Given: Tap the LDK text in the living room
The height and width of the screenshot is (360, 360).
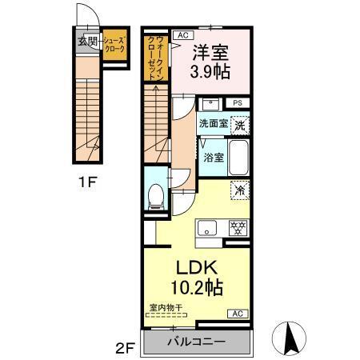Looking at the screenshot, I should click(x=195, y=267).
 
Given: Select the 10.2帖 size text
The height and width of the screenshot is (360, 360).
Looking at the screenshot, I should click(x=195, y=287).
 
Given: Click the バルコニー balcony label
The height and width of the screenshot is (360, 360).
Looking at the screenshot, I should click(x=196, y=342).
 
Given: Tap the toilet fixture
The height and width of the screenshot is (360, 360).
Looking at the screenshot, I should click(x=157, y=194).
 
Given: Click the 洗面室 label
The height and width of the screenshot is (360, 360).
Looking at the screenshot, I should click(x=213, y=125).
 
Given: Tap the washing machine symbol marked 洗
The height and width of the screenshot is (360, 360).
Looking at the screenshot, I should click(x=239, y=126).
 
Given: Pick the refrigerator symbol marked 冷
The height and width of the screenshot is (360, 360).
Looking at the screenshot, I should click(x=238, y=190).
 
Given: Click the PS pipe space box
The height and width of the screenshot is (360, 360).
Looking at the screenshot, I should click(x=237, y=103).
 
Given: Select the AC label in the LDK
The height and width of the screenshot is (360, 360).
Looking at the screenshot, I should click(x=238, y=313).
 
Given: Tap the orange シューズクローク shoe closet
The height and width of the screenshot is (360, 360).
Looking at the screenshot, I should click(x=114, y=42).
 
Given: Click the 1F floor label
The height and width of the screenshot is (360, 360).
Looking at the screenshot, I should click(x=88, y=182).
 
